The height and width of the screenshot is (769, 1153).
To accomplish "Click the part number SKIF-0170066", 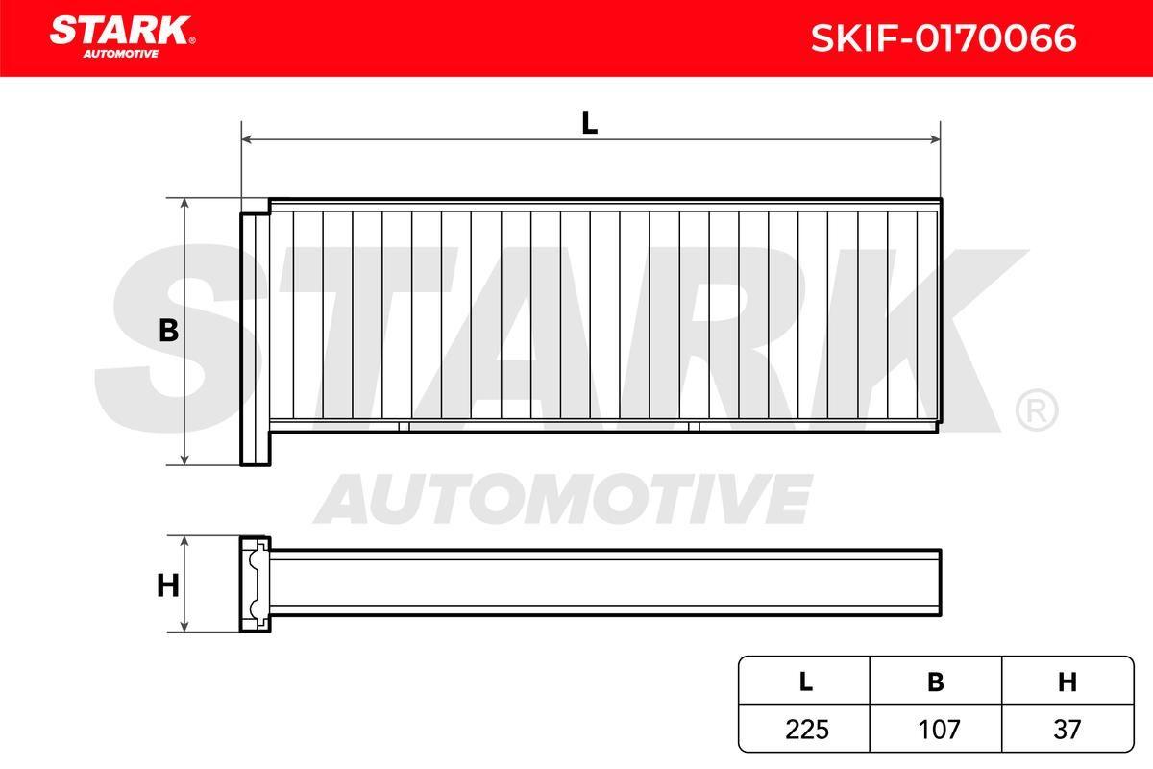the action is point(943,37).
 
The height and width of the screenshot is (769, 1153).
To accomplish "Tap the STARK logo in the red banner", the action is point(122,37).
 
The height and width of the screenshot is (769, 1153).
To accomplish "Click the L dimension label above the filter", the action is point(589,123).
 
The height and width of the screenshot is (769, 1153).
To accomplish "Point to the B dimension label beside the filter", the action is point(168,331).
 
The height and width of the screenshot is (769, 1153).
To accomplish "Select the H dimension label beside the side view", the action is point(168,585).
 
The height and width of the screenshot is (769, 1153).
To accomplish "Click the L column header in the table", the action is point(805,682).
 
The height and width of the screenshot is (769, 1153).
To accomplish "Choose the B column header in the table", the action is point(935,682).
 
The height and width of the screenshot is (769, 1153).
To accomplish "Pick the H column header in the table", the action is point(1067,682).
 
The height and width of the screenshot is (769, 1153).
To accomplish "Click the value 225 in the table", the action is point(806,730).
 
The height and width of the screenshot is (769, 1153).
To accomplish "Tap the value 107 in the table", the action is point(939,730).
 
